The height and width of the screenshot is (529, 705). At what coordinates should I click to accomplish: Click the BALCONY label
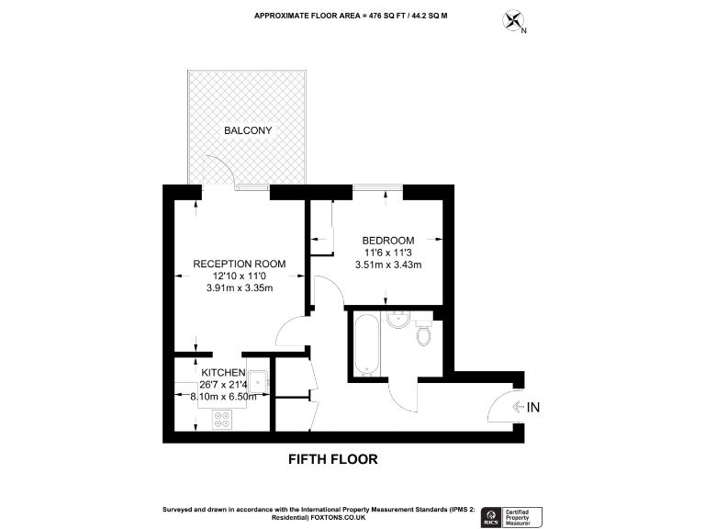click(x=248, y=130)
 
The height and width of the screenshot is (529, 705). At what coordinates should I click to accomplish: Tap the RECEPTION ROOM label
click(x=239, y=264)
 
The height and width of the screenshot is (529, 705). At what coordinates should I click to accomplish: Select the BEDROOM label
click(x=387, y=241)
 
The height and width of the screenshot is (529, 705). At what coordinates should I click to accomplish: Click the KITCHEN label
click(x=224, y=371)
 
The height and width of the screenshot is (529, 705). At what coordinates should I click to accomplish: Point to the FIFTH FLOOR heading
click(x=333, y=458)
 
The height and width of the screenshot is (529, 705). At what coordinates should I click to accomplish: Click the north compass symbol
click(x=514, y=21)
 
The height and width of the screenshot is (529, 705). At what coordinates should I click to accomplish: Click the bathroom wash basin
click(x=398, y=321)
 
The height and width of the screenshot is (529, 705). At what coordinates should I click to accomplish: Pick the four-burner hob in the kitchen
click(x=222, y=419)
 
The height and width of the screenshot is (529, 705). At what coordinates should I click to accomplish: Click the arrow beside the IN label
click(x=519, y=407)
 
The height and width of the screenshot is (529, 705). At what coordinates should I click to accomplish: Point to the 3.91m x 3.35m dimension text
click(x=241, y=287)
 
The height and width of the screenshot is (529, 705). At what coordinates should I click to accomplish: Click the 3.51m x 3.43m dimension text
click(x=387, y=265)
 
